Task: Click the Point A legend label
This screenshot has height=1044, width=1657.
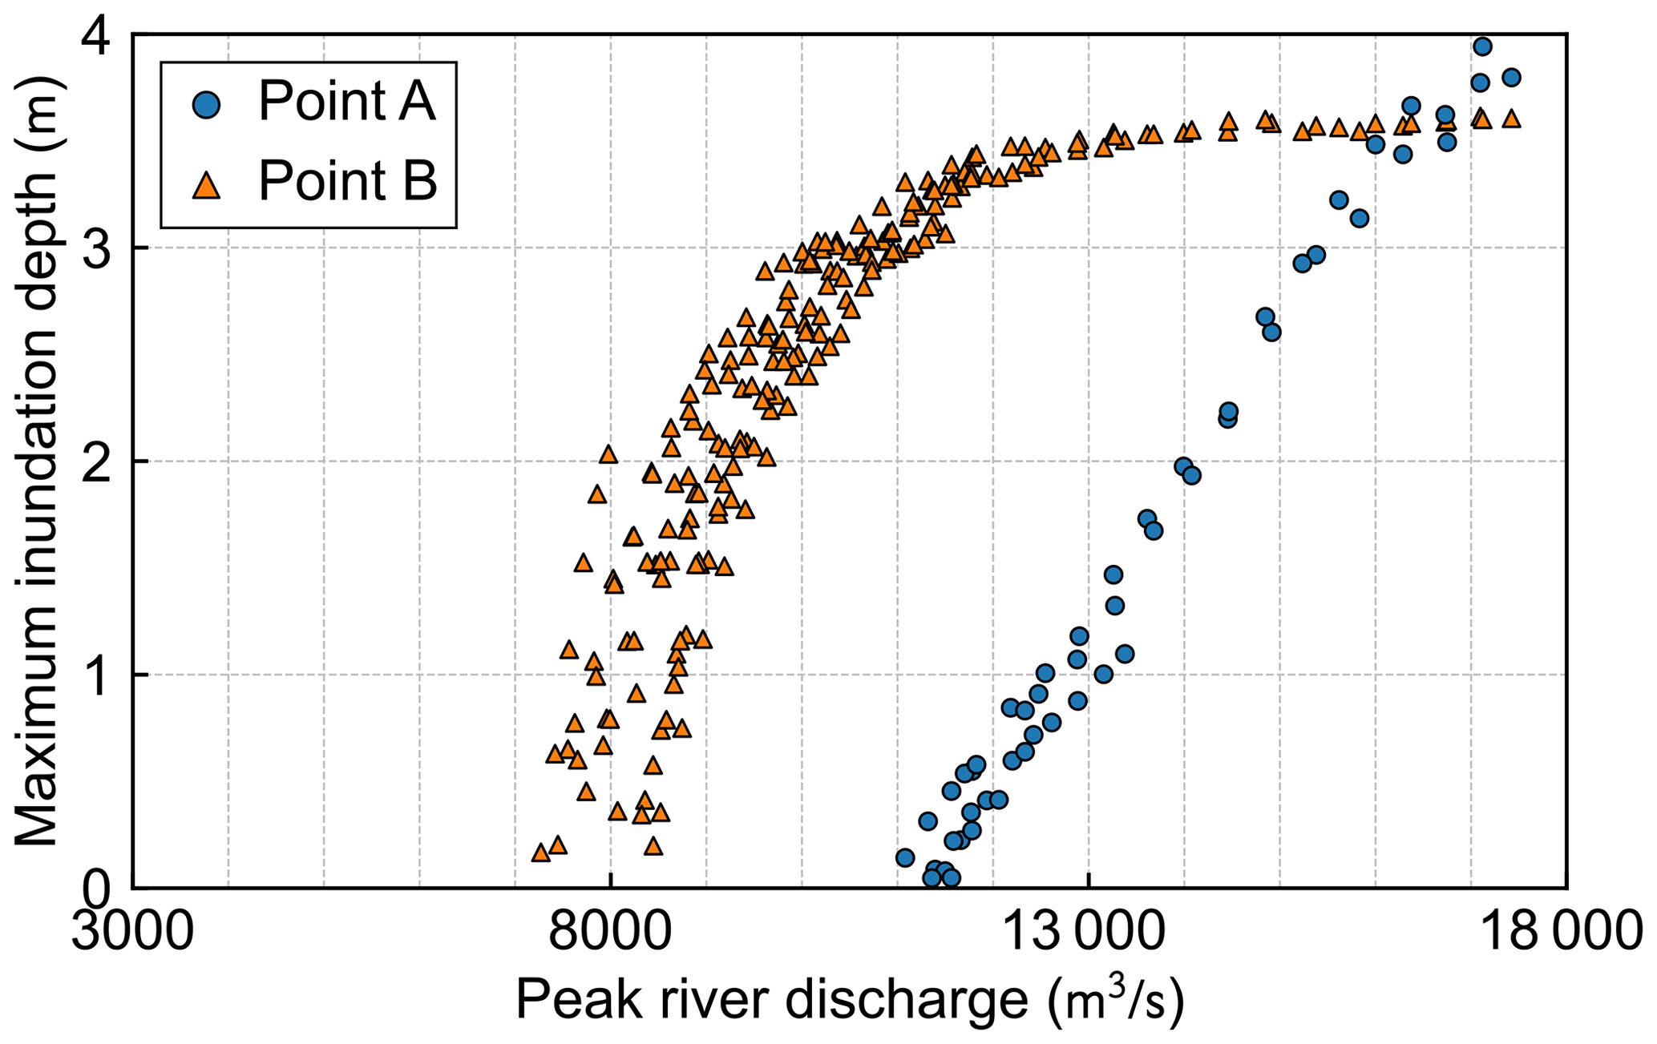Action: pos(346,102)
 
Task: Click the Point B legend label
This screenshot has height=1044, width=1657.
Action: pos(347,180)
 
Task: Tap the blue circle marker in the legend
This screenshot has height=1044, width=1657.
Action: pos(208,105)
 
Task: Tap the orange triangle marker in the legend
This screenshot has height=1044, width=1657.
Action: pos(208,185)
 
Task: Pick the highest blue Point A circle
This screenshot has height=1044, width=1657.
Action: pos(1482,46)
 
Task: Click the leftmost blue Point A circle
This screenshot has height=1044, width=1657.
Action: pos(905,858)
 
